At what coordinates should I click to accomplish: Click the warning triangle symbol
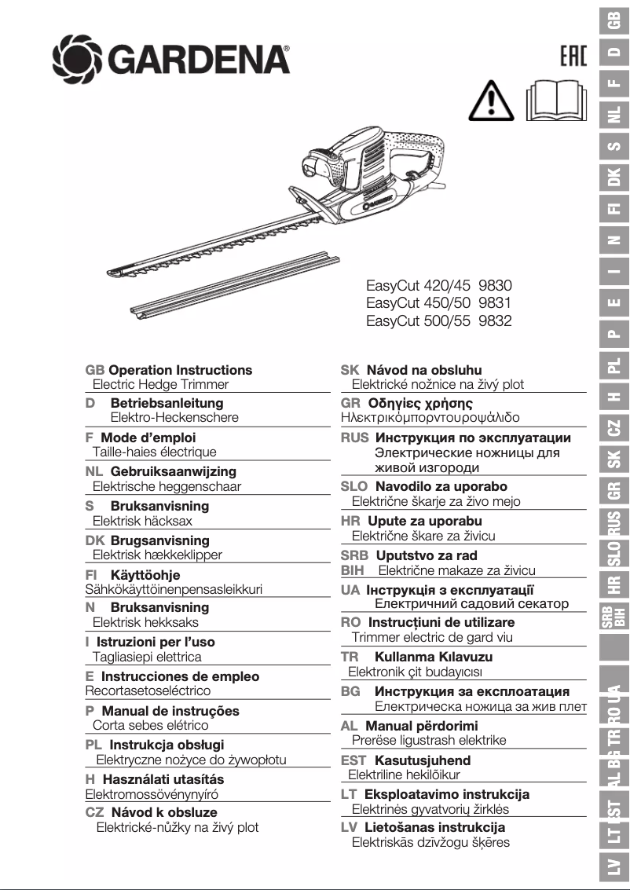click(491, 101)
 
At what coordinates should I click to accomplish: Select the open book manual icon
click(556, 101)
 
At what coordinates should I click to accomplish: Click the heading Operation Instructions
click(180, 370)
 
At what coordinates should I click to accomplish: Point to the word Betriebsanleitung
click(167, 403)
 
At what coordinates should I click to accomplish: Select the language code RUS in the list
click(354, 438)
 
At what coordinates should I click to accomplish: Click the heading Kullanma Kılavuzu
click(434, 657)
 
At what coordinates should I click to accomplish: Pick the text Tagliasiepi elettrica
click(147, 657)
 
